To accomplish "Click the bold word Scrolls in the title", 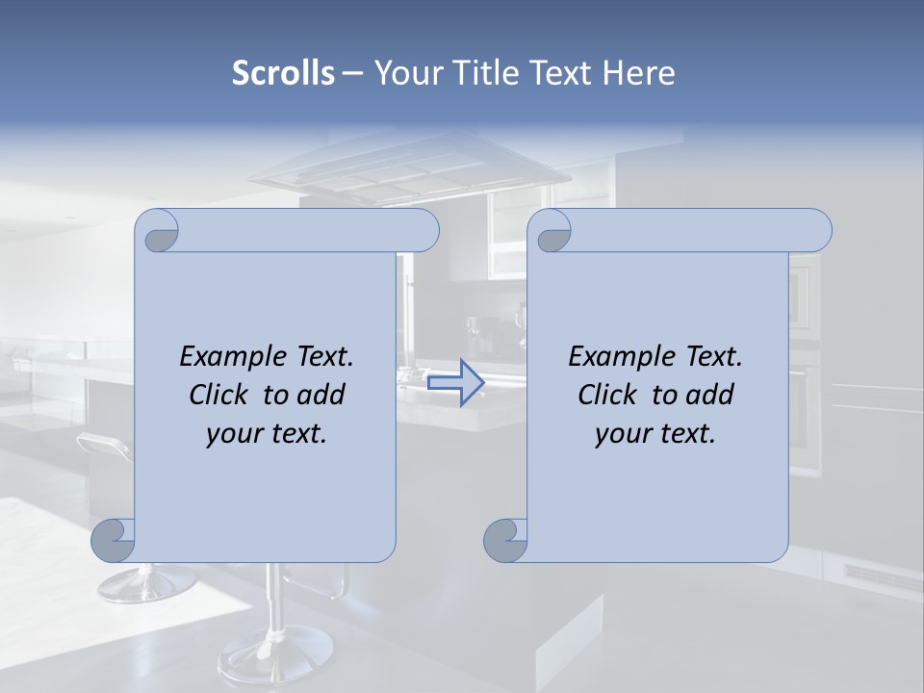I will click(283, 72).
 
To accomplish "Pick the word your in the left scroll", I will click(232, 433).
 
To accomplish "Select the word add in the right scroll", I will click(710, 395).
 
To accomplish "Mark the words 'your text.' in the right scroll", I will click(655, 433).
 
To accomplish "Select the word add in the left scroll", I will click(321, 395).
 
